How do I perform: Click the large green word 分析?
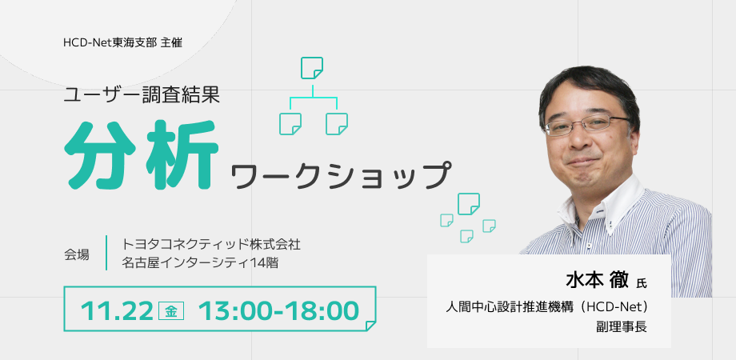pos(142,154)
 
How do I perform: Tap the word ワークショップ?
pos(341,176)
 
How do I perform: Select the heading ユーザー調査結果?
pos(142,96)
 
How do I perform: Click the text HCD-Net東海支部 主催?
pos(122,42)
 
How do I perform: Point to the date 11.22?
pos(117,310)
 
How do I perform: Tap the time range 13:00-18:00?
pos(279,310)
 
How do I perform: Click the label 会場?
pos(76,254)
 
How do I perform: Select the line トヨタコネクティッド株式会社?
pos(210,245)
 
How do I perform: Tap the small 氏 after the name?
pos(642,283)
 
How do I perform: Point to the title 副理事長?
pos(622,327)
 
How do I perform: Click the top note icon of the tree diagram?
pos(312,68)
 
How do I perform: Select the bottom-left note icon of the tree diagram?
pos(290,124)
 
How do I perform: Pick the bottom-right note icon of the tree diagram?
pos(337,124)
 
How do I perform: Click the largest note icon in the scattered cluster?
pos(469,204)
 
